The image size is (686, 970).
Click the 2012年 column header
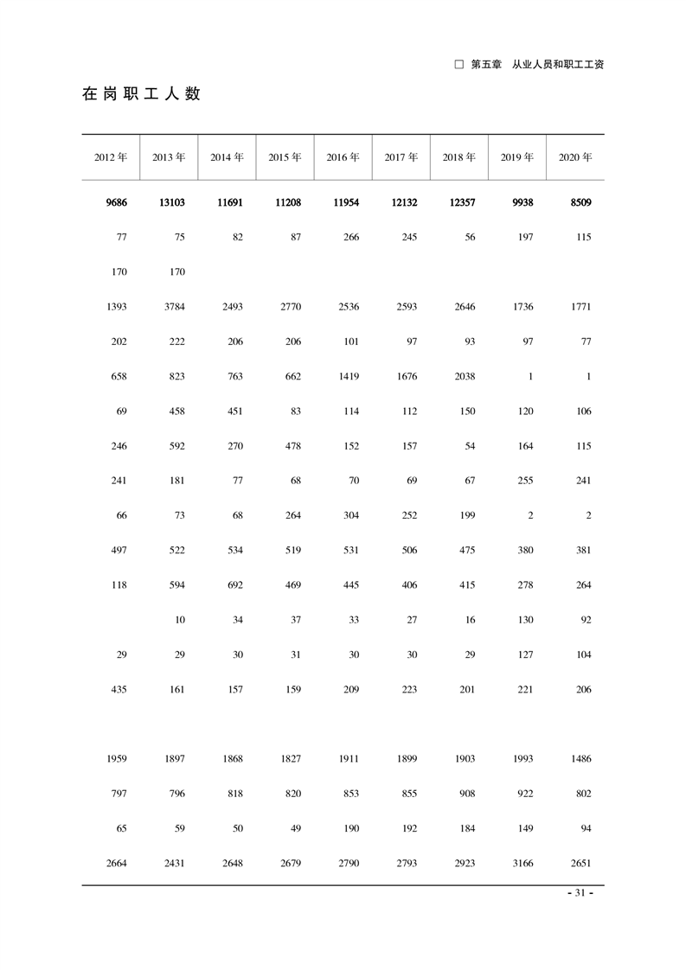pyautogui.click(x=111, y=157)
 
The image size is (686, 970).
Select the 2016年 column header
pyautogui.click(x=343, y=157)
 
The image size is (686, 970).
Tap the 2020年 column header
pyautogui.click(x=575, y=157)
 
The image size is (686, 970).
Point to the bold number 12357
pyautogui.click(x=459, y=202)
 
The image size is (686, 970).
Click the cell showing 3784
pyautogui.click(x=173, y=307)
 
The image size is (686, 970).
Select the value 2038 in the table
pyautogui.click(x=465, y=376)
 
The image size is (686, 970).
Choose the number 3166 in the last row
pyautogui.click(x=523, y=863)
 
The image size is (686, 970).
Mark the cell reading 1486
pyautogui.click(x=580, y=758)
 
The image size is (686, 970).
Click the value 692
pyautogui.click(x=233, y=584)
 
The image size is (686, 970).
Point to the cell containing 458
pyautogui.click(x=176, y=411)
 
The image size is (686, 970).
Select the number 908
pyautogui.click(x=466, y=794)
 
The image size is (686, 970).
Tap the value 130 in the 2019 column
pyautogui.click(x=525, y=619)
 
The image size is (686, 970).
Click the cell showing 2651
pyautogui.click(x=580, y=863)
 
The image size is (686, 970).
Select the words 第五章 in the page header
pyautogui.click(x=486, y=65)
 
